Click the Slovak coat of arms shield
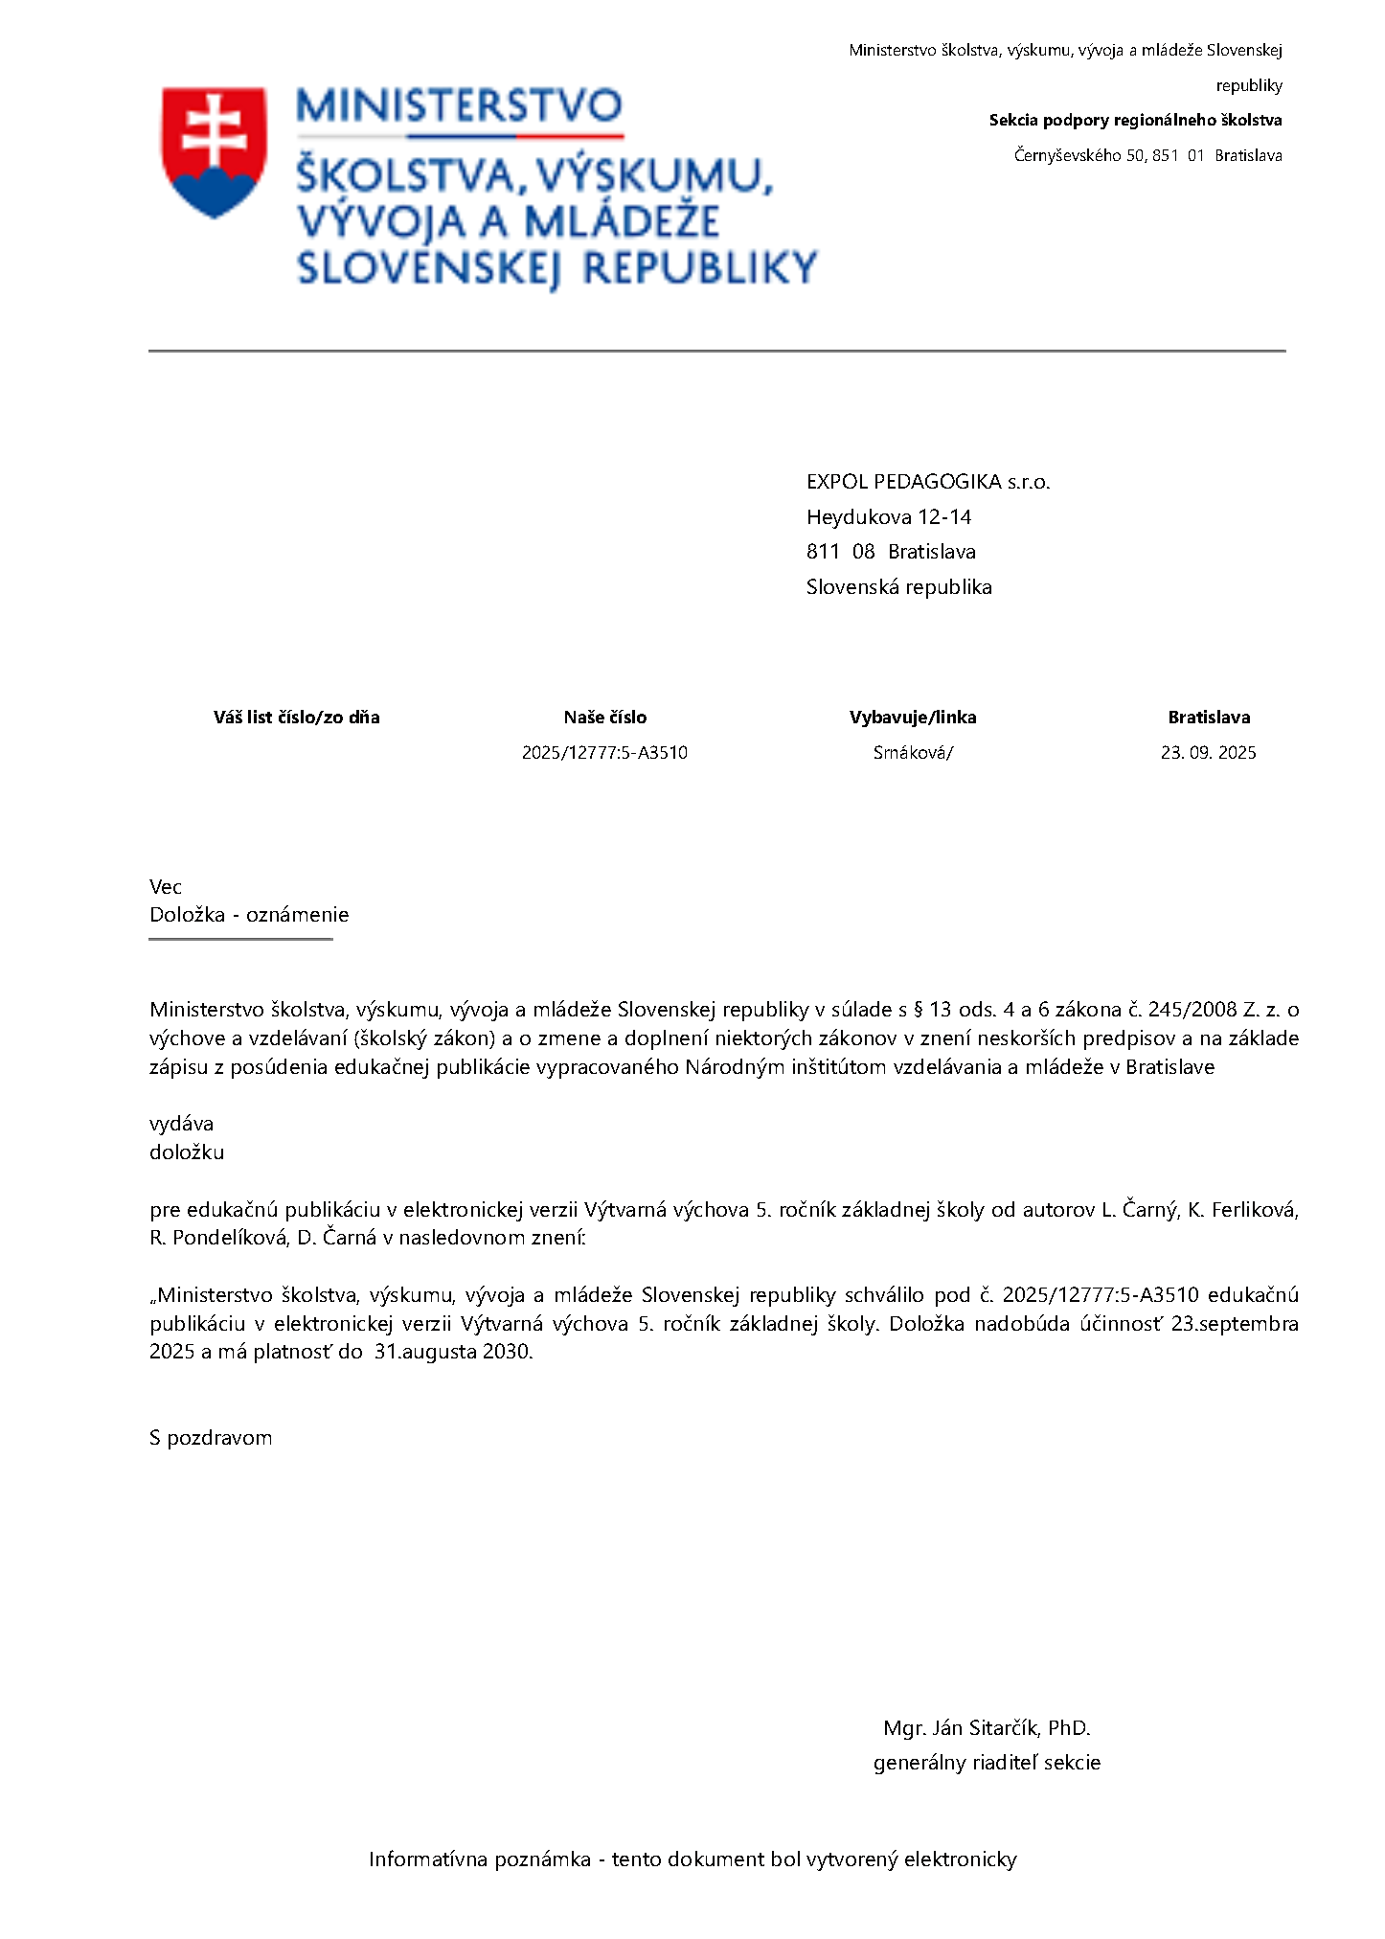pyautogui.click(x=214, y=151)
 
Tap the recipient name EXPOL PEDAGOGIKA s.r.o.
pyautogui.click(x=927, y=482)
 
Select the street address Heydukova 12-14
pyautogui.click(x=888, y=517)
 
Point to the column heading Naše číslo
pyautogui.click(x=604, y=718)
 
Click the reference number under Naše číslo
pyautogui.click(x=604, y=753)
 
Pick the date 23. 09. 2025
pyautogui.click(x=1208, y=753)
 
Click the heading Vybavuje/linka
pyautogui.click(x=912, y=718)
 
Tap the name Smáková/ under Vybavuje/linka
pyautogui.click(x=912, y=753)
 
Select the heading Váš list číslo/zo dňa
pyautogui.click(x=296, y=718)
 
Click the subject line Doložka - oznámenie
pyautogui.click(x=249, y=915)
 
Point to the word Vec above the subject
pyautogui.click(x=166, y=887)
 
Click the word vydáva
pyautogui.click(x=181, y=1124)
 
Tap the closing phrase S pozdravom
pyautogui.click(x=211, y=1438)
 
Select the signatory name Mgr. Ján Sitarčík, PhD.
pyautogui.click(x=987, y=1728)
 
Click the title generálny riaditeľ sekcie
pyautogui.click(x=987, y=1763)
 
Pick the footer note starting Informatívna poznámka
pyautogui.click(x=692, y=1859)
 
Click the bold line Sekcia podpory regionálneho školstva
pyautogui.click(x=1135, y=121)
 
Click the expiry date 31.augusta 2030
pyautogui.click(x=453, y=1352)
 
